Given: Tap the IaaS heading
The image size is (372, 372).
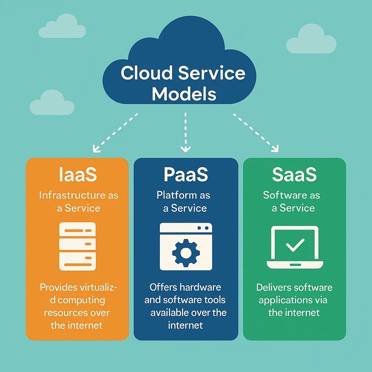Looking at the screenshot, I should click(78, 175).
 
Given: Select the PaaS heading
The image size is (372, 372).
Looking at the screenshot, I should click(186, 175).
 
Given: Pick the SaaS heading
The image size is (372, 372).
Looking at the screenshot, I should click(294, 175).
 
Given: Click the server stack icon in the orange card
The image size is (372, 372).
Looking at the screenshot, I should click(77, 246).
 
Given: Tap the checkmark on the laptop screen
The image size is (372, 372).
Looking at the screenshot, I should click(295, 246).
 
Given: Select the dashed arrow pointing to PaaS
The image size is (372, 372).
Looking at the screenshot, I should click(186, 133).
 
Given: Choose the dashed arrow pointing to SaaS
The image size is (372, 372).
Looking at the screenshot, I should click(256, 133).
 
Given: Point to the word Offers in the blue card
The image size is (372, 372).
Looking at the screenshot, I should click(161, 287).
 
